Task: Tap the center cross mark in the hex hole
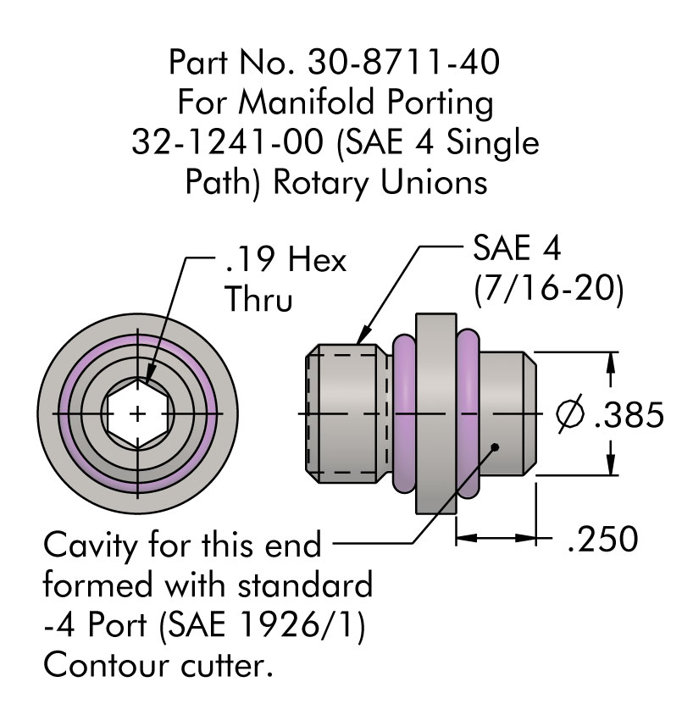coord(138,413)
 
